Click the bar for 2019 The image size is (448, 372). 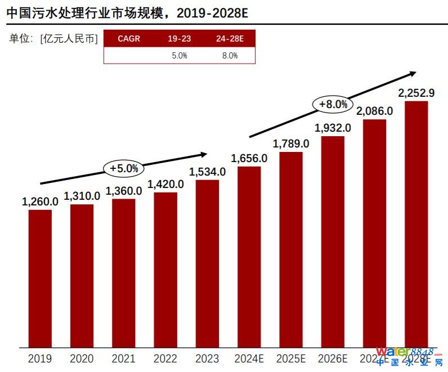40,278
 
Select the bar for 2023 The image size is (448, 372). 207,263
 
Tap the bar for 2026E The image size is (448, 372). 333,241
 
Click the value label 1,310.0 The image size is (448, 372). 82,196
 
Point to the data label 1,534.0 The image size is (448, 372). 207,172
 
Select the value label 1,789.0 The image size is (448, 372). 291,144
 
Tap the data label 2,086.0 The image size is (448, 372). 374,111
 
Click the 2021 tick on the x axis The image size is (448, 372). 124,358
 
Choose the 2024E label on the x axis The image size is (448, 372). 249,358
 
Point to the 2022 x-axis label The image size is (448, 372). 165,358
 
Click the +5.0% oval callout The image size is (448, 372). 124,168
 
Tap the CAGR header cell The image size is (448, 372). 129,39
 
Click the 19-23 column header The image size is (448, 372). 179,39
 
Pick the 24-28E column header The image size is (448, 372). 230,39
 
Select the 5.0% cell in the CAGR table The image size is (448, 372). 179,55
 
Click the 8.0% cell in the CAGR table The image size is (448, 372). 230,55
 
